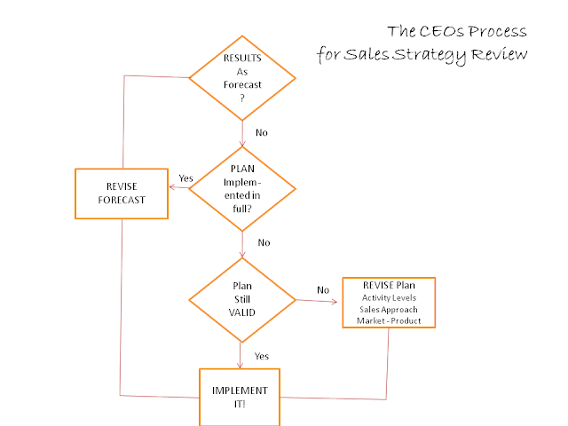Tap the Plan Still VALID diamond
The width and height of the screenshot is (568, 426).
[241, 299]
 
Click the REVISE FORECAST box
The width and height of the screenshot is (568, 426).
[122, 193]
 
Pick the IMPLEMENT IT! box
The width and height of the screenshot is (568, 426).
[240, 396]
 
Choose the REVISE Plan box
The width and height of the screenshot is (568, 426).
[389, 304]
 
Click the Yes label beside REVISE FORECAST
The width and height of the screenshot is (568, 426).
[186, 178]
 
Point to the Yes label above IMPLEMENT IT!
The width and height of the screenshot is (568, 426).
[263, 356]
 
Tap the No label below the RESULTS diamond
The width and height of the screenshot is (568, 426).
[262, 132]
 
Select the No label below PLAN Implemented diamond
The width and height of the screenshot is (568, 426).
[264, 242]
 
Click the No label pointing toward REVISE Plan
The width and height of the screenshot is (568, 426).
[323, 289]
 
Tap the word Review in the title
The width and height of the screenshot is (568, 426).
[501, 54]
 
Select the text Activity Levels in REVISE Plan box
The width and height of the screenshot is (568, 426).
[389, 297]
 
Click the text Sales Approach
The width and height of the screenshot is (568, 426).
[389, 309]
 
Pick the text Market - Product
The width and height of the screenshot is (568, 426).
[389, 320]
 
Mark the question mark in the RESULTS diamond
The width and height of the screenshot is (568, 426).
[241, 99]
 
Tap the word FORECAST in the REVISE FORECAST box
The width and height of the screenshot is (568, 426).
[122, 201]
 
